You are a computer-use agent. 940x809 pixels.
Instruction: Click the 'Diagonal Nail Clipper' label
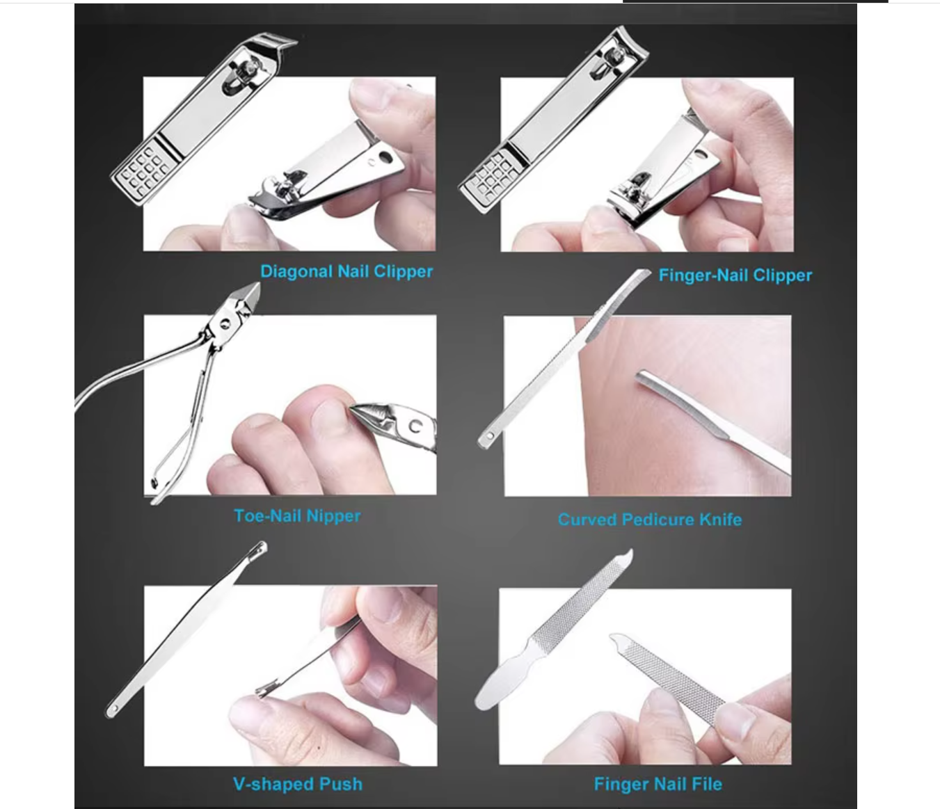tap(346, 271)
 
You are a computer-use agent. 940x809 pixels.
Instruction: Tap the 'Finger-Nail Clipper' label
tap(735, 275)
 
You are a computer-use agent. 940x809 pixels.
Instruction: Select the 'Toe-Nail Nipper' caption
tap(297, 516)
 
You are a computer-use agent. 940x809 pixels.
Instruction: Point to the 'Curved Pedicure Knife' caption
tap(649, 520)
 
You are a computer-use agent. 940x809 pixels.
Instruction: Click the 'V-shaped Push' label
tap(297, 784)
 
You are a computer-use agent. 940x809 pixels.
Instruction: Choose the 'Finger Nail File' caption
tap(658, 784)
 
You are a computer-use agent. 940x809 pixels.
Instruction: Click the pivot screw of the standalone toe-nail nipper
tap(225, 323)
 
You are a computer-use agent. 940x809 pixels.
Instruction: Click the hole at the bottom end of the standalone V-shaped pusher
tap(113, 709)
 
